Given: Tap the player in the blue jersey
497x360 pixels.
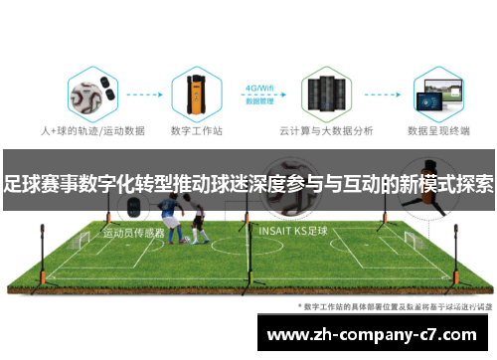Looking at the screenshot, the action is [x=177, y=224].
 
